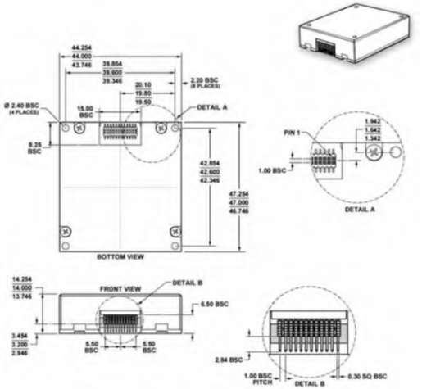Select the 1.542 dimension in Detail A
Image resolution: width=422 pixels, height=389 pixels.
pyautogui.click(x=372, y=130)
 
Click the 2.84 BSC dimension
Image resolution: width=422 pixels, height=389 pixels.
pyautogui.click(x=234, y=359)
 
